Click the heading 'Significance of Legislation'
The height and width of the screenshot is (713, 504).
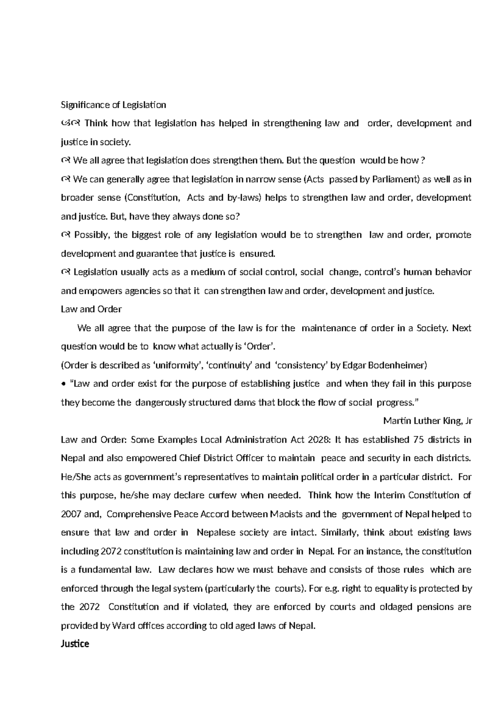(x=113, y=105)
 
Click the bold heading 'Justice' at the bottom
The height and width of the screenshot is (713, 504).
(x=75, y=644)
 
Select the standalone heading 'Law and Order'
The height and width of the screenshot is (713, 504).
(x=91, y=309)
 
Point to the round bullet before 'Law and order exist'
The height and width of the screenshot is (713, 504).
(x=63, y=384)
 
